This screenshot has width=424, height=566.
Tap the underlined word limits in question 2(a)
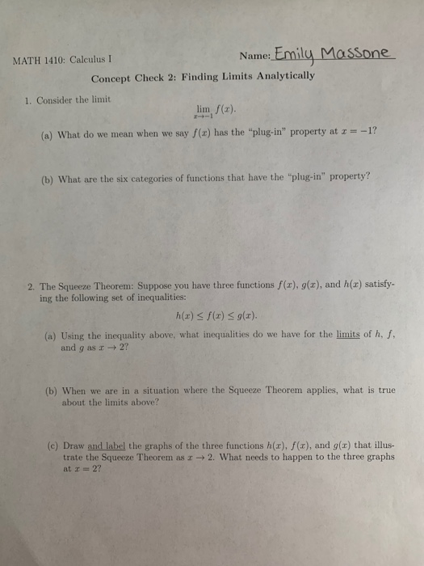point(348,335)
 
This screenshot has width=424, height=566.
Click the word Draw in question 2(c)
point(70,445)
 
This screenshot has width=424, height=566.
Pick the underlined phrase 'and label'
point(107,445)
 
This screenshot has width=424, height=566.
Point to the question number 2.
point(28,286)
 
